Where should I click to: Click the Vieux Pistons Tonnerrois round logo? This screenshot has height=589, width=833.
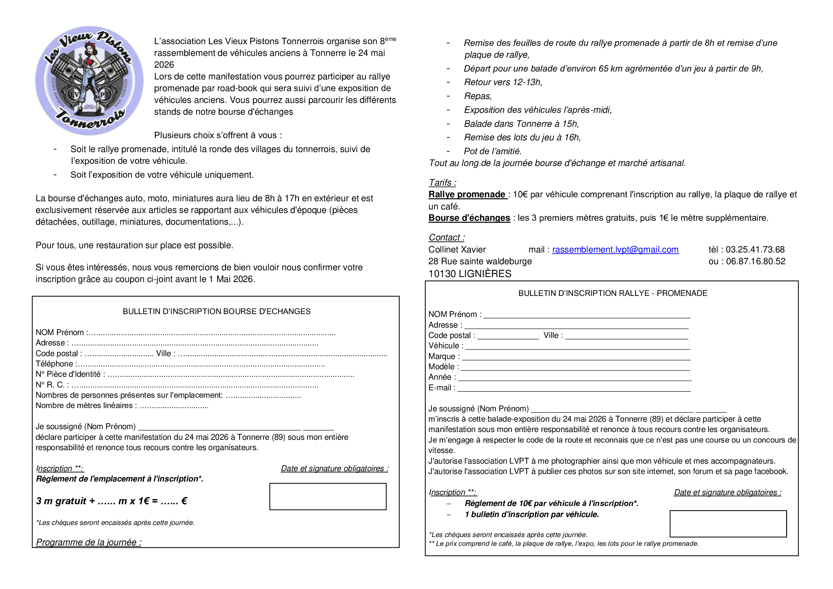click(x=89, y=80)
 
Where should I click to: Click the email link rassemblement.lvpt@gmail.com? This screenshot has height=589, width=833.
click(x=615, y=250)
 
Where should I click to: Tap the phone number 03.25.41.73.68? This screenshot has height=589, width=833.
click(x=755, y=250)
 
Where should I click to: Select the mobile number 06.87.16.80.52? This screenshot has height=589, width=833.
click(x=755, y=261)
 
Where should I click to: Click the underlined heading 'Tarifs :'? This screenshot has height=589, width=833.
click(x=442, y=182)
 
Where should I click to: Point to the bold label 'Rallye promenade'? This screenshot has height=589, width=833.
click(x=467, y=194)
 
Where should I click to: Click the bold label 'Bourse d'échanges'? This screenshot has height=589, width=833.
click(x=469, y=218)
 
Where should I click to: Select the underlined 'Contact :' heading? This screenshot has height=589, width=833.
click(x=446, y=237)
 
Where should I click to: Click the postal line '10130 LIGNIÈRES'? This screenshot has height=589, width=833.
click(x=469, y=273)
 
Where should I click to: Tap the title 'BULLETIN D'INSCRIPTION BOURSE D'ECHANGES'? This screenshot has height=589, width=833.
click(x=217, y=311)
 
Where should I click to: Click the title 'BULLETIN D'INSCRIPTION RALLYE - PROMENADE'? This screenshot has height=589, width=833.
click(x=613, y=293)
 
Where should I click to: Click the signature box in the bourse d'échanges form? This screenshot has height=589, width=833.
click(x=328, y=496)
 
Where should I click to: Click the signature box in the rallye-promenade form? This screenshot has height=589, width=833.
click(x=728, y=523)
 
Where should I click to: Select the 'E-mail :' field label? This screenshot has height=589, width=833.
click(x=442, y=387)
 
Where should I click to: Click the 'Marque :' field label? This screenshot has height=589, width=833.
click(x=444, y=356)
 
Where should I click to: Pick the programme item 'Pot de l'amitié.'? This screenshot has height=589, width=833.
click(x=492, y=151)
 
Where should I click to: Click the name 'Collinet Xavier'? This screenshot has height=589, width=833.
click(x=457, y=250)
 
